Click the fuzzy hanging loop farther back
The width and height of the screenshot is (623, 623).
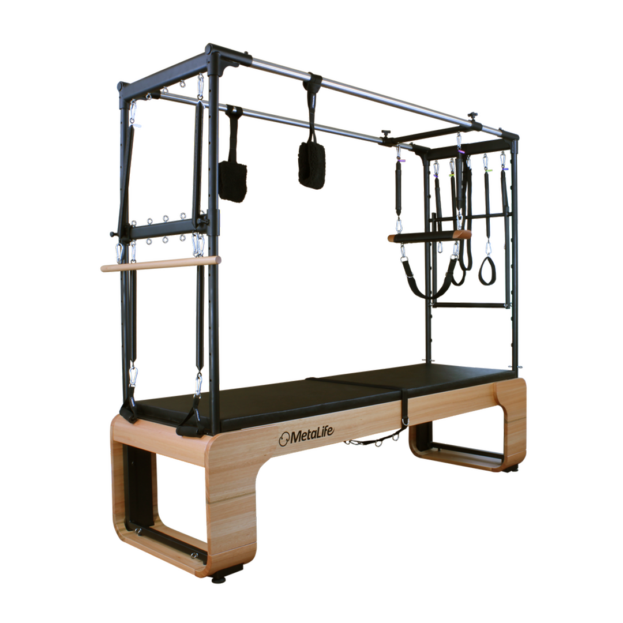point(233,181)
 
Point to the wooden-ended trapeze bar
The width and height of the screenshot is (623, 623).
point(430,237)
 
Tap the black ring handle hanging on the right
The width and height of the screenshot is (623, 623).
point(487,271)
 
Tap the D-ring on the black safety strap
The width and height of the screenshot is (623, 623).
point(406,421)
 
